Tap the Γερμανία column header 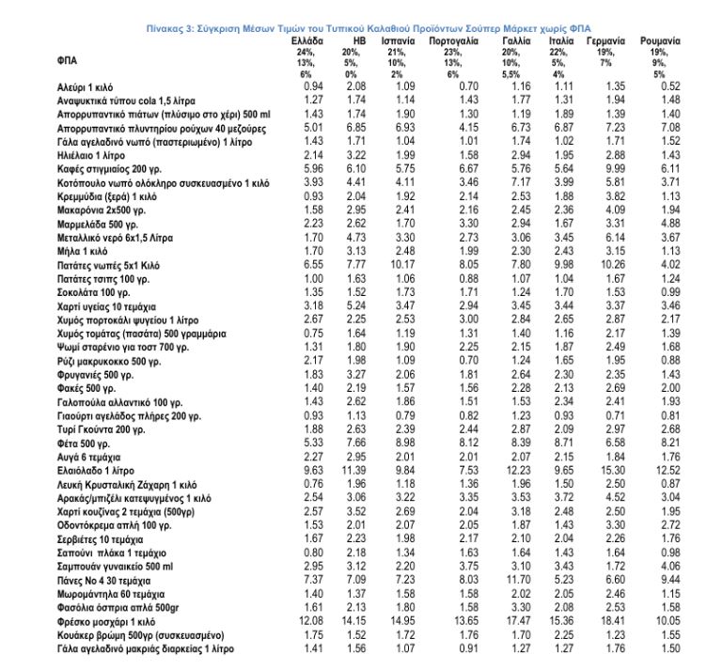pyautogui.click(x=606, y=43)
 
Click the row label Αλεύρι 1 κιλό pyautogui.click(x=86, y=86)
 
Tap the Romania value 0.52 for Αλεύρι pyautogui.click(x=669, y=86)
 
